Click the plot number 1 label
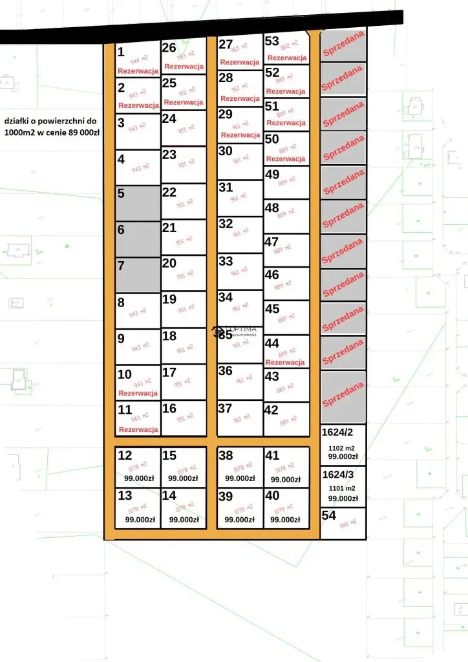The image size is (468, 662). pos(121,51)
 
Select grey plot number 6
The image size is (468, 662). pos(137,239)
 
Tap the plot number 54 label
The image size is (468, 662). pos(329,515)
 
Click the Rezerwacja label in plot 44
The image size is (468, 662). pos(285,363)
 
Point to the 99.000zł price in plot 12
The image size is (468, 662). pos(139,479)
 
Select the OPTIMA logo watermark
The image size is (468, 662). pos(236,332)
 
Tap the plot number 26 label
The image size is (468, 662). pos(169,47)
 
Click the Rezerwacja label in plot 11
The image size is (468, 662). pos(138,429)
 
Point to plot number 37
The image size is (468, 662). pos(225,409)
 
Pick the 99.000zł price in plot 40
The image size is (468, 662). pos(285,519)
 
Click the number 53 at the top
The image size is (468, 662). pos(271,41)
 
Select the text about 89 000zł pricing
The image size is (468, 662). pos(51,126)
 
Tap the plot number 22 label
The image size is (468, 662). pos(169,192)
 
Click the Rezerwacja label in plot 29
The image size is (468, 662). pos(240,135)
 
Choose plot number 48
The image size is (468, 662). pos(272,208)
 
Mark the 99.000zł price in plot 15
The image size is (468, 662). pos(183,479)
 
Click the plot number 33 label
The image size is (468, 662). pos(226,261)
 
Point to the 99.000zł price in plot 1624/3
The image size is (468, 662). pos(343,498)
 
